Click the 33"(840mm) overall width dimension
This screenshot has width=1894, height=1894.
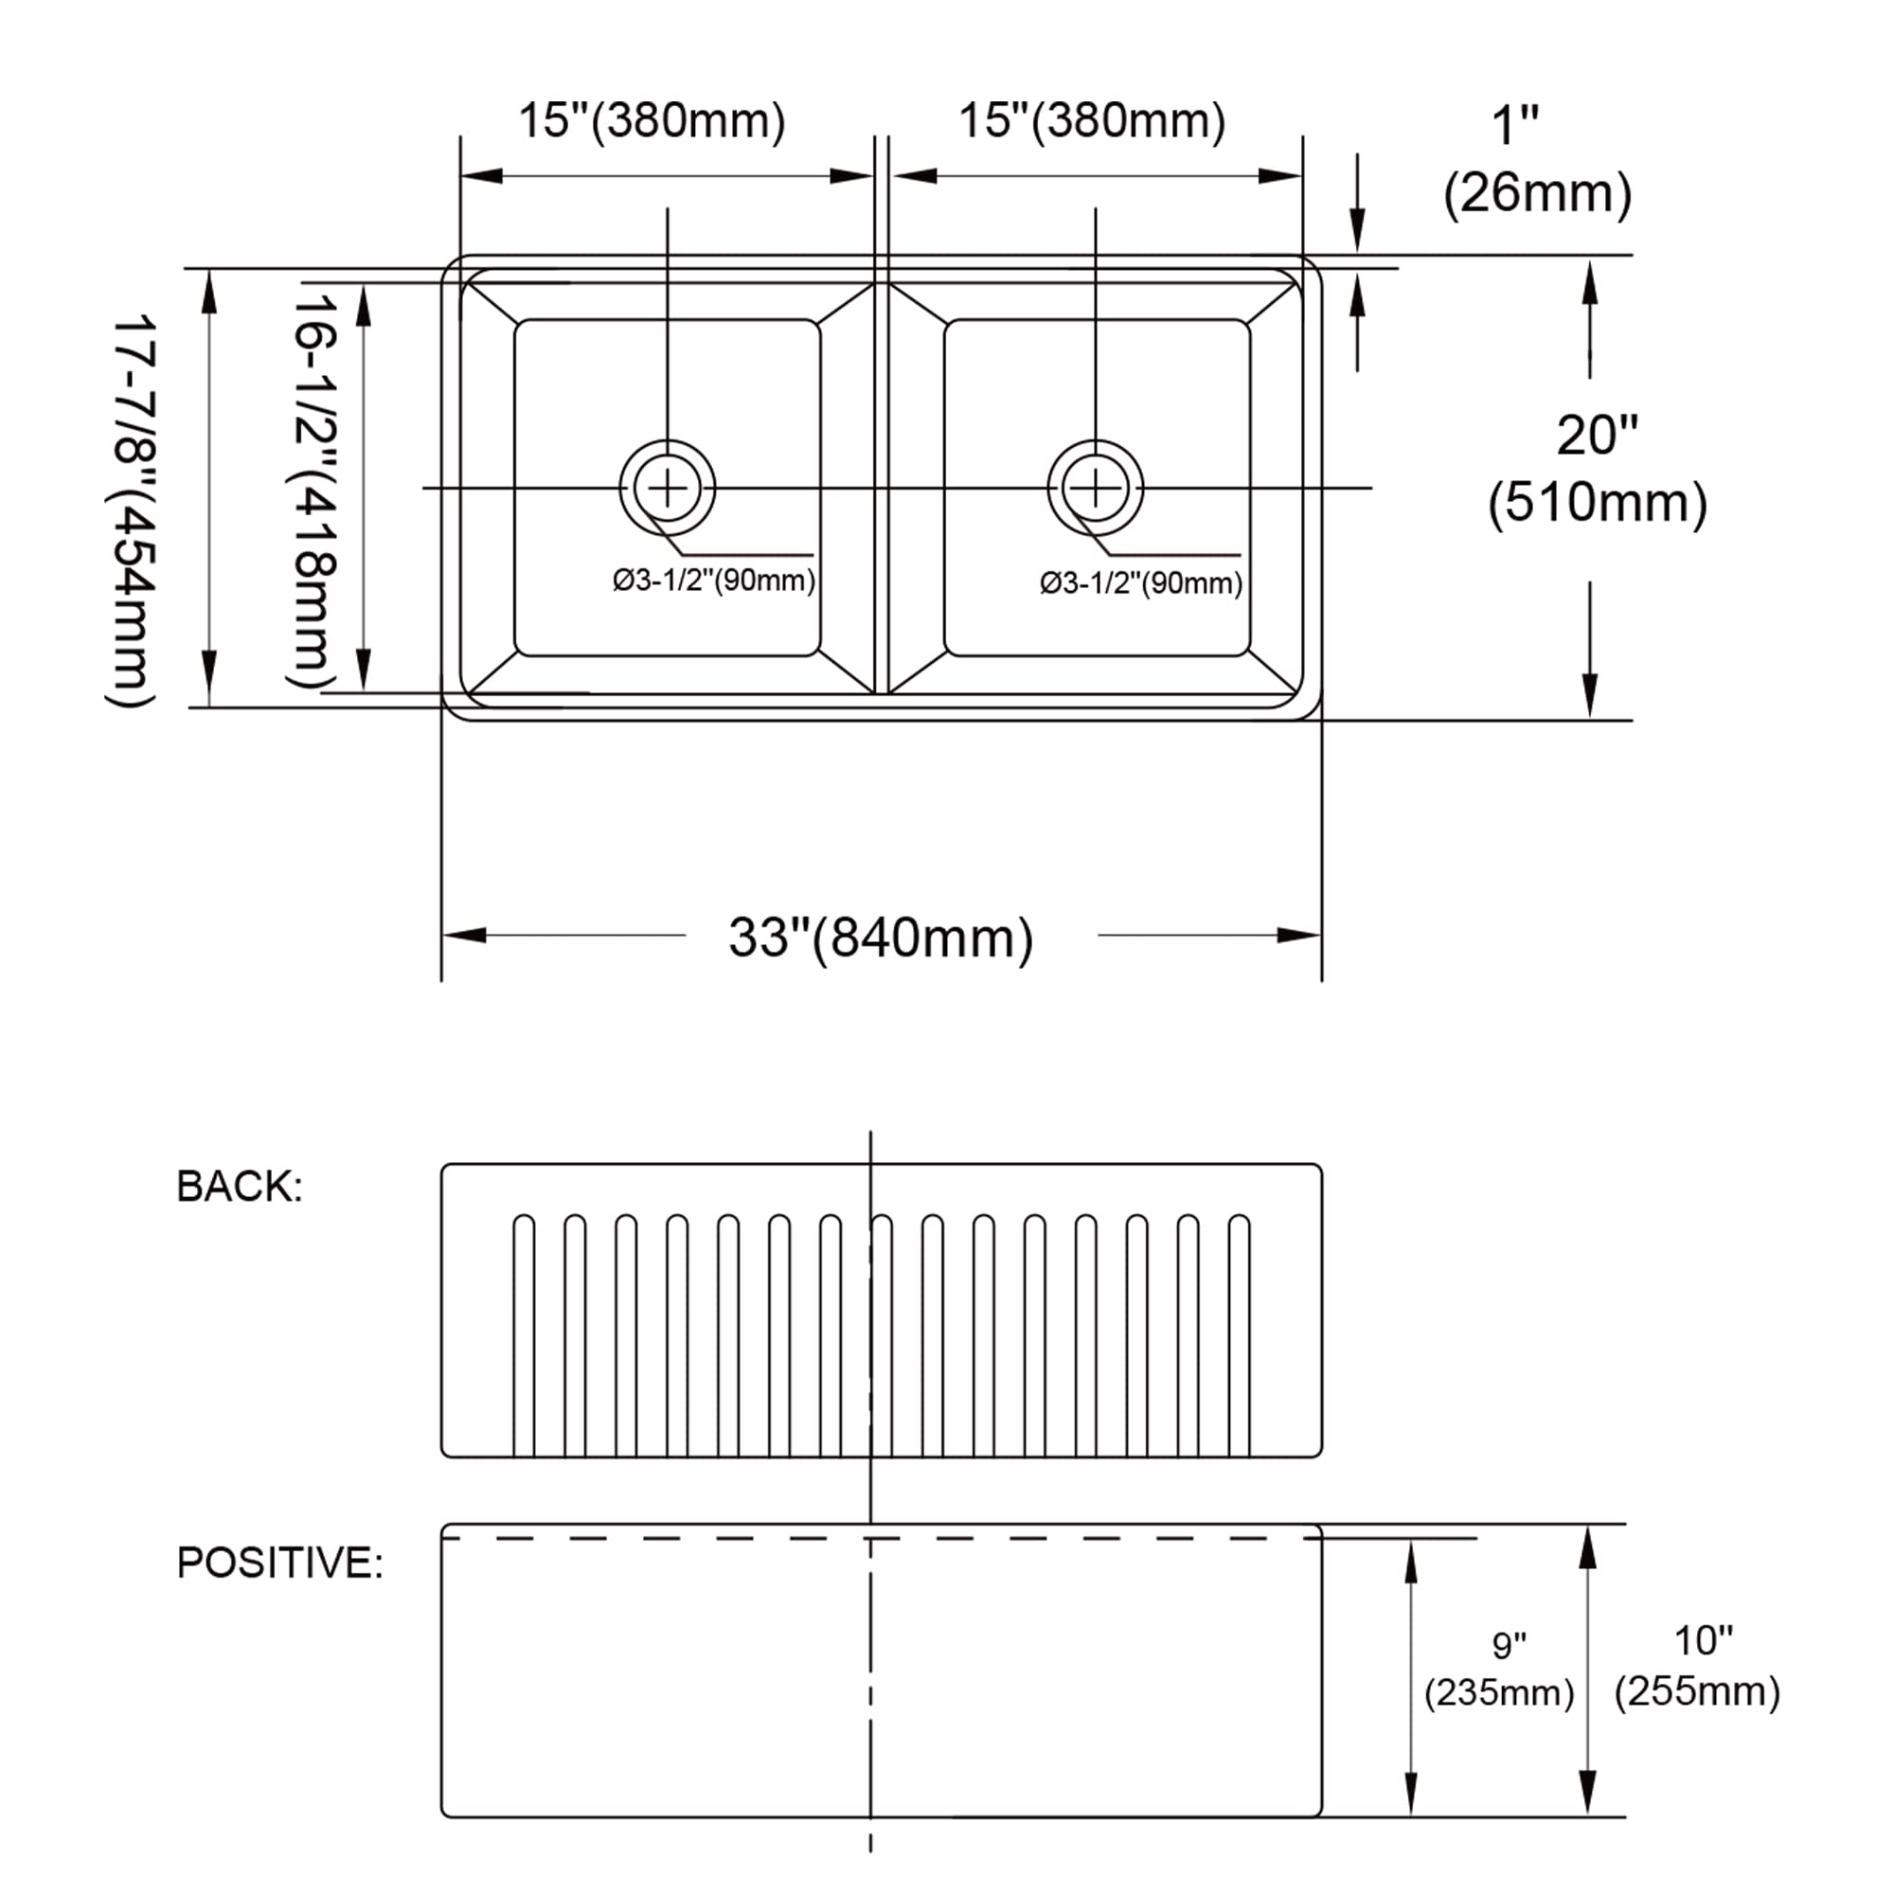[881, 938]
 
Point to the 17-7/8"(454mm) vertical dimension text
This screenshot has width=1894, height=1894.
[132, 509]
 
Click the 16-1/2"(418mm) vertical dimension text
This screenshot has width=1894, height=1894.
[313, 491]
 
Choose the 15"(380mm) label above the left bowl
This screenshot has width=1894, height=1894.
[652, 120]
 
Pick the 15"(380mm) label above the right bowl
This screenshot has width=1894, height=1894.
[1091, 120]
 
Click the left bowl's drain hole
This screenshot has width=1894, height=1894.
[668, 487]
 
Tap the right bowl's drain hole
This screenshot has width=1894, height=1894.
[1095, 487]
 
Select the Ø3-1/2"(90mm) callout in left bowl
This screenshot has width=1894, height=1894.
[714, 581]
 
